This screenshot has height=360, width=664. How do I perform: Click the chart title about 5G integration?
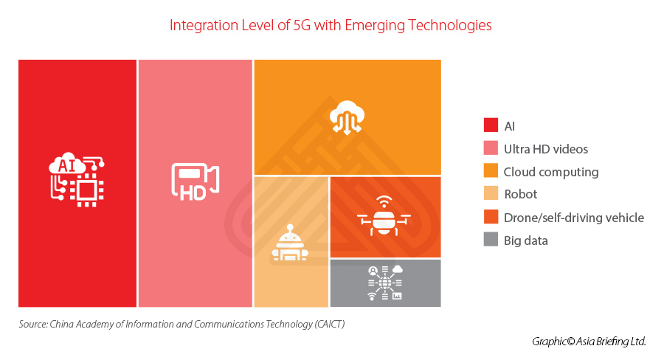pyautogui.click(x=331, y=25)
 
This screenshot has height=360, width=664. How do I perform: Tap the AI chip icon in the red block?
pyautogui.click(x=77, y=179)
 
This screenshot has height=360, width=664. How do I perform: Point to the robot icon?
pyautogui.click(x=290, y=244)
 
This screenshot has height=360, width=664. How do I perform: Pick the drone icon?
pyautogui.click(x=384, y=216)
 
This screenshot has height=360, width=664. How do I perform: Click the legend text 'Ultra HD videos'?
pyautogui.click(x=546, y=149)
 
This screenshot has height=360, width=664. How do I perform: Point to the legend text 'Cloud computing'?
pyautogui.click(x=550, y=172)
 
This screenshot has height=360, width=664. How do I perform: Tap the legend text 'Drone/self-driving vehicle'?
pyautogui.click(x=573, y=218)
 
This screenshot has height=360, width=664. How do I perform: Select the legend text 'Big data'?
pyautogui.click(x=526, y=240)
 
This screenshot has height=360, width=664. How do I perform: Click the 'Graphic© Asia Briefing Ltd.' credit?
pyautogui.click(x=589, y=342)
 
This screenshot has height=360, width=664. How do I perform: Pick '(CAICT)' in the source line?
pyautogui.click(x=328, y=324)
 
